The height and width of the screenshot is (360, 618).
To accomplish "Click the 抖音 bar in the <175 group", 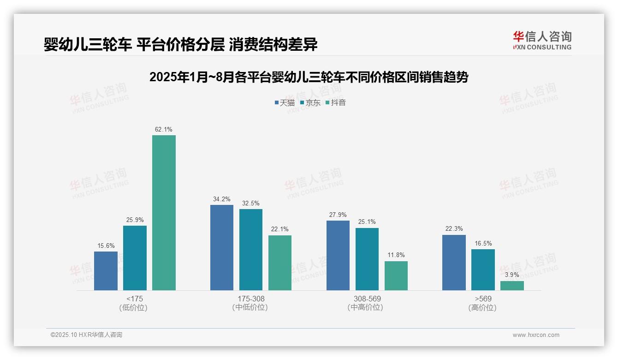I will tap(164, 213).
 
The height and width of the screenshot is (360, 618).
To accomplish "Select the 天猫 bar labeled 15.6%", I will tap(106, 271).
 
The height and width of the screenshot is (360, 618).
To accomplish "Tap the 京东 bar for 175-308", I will tap(251, 250).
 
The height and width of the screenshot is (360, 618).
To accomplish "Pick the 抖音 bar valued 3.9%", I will tap(512, 286).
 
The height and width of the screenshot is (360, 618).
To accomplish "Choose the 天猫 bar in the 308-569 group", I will tap(338, 255).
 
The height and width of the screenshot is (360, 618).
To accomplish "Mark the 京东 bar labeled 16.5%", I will tap(483, 270).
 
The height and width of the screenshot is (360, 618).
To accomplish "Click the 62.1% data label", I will tap(164, 130).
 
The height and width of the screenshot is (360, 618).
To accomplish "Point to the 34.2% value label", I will tap(222, 199).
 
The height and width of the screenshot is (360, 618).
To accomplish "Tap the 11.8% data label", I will tap(396, 255).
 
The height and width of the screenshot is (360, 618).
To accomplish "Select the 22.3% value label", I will tap(454, 229).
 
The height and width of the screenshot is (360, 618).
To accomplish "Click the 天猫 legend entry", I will tap(284, 102).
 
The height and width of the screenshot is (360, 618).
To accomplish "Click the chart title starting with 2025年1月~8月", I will tap(309, 77).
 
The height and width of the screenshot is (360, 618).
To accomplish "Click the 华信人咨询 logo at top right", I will tap(542, 40).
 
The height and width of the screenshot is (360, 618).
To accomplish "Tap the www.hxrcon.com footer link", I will tap(536, 335).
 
